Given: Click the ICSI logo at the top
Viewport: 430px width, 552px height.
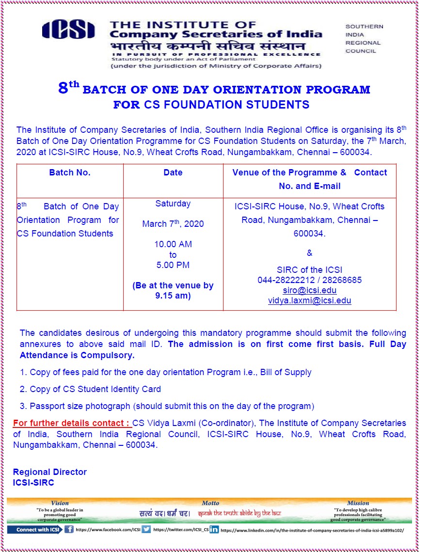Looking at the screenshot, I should pos(68,30).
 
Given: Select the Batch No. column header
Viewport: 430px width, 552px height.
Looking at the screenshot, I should pos(70,173).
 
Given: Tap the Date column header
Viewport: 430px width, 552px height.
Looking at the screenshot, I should pos(173,173).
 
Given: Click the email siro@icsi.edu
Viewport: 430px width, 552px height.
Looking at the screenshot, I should pos(310,290).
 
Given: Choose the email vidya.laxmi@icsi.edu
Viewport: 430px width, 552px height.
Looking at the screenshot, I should pos(310,300).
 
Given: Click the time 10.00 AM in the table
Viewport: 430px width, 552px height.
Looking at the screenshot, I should pos(173,244).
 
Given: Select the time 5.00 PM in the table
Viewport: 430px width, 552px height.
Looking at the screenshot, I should pos(173,265).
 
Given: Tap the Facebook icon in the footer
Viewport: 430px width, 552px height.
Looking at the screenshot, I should pos(69,530).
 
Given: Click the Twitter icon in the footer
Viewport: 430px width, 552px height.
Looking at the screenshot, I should pos(146,530).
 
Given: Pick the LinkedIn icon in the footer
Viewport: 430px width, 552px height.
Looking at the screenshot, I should pos(214,530).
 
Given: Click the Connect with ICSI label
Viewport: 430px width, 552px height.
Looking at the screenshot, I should pos(35,530).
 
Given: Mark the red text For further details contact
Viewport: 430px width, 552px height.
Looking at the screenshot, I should pos(72,423).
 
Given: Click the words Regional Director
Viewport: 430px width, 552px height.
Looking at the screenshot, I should pos(50,472).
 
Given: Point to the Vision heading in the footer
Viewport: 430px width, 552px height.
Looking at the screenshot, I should pos(60,503).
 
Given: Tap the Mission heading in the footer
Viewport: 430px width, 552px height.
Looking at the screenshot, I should pos(358,503).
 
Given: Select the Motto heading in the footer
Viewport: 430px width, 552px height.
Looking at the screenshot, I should pos(210,503).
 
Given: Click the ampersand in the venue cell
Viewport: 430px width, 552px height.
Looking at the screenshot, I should pos(310,253).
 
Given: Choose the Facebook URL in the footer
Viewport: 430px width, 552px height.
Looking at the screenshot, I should pos(108,530).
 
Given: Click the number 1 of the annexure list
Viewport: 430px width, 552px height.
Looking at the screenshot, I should pos(22,372).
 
